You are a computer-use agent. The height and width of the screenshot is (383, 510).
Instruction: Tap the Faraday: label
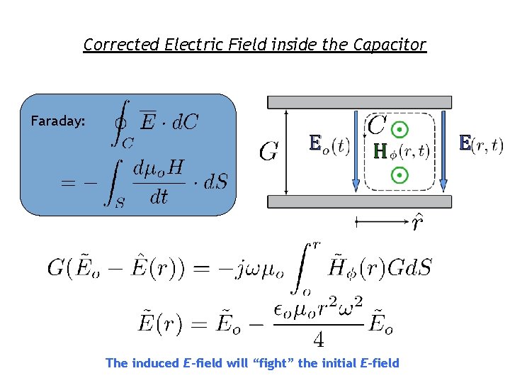58,121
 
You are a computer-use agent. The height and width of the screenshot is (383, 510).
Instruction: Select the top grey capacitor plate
358,102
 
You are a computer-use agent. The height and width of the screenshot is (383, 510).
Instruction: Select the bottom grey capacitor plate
358,201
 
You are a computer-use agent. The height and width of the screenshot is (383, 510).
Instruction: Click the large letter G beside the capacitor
268,152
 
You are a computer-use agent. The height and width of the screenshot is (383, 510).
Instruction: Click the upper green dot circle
401,129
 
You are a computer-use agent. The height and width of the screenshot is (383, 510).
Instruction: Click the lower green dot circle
401,174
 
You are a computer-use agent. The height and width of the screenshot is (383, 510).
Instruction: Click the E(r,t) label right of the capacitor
481,145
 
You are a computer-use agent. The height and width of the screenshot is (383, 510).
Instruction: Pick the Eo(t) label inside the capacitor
329,145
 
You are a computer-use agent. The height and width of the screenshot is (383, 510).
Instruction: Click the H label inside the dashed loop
380,151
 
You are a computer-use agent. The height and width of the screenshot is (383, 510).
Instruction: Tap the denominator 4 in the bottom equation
319,340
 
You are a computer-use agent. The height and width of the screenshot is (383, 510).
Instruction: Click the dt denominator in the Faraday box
159,196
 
